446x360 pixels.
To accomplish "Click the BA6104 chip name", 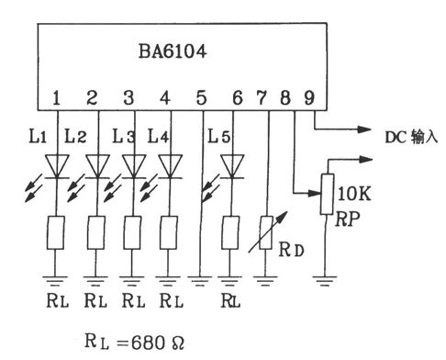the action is point(173,51).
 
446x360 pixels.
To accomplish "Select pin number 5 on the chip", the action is point(201,97).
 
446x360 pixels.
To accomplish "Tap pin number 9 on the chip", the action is point(309,97).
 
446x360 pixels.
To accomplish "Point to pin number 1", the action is point(56,97).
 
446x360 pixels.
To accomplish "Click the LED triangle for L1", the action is point(57,166).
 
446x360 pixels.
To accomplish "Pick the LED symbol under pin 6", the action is point(232,166).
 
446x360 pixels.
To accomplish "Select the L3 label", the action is point(124,136).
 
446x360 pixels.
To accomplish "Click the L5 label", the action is point(219,136).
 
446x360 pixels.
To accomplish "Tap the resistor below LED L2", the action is point(96,232).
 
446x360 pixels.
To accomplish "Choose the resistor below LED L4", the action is point(169,232).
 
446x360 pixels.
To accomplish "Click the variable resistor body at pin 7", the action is point(266,232).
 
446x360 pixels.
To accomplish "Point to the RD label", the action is point(291,250).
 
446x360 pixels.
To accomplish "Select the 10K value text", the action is point(354,194).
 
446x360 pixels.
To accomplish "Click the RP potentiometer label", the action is point(347,219).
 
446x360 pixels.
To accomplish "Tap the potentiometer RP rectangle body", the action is point(327,194).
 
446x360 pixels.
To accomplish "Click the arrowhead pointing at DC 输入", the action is point(364,129).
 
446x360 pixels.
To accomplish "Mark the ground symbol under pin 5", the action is point(200,281).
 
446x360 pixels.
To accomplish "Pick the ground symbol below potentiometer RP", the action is point(325,281).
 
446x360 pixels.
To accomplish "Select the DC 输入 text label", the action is point(411,137).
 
